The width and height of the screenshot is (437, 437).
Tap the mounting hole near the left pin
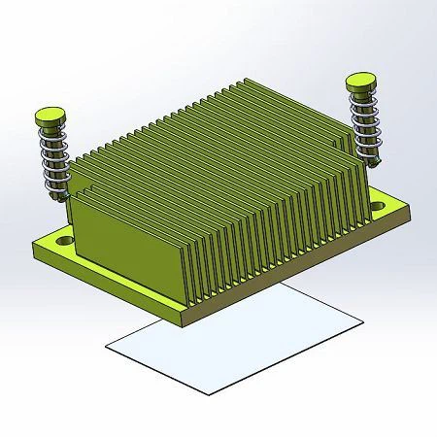pyautogui.click(x=64, y=237)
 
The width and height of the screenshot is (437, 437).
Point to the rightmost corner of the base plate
pyautogui.click(x=412, y=211)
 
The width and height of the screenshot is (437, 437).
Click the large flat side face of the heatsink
pyautogui.click(x=126, y=223)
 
